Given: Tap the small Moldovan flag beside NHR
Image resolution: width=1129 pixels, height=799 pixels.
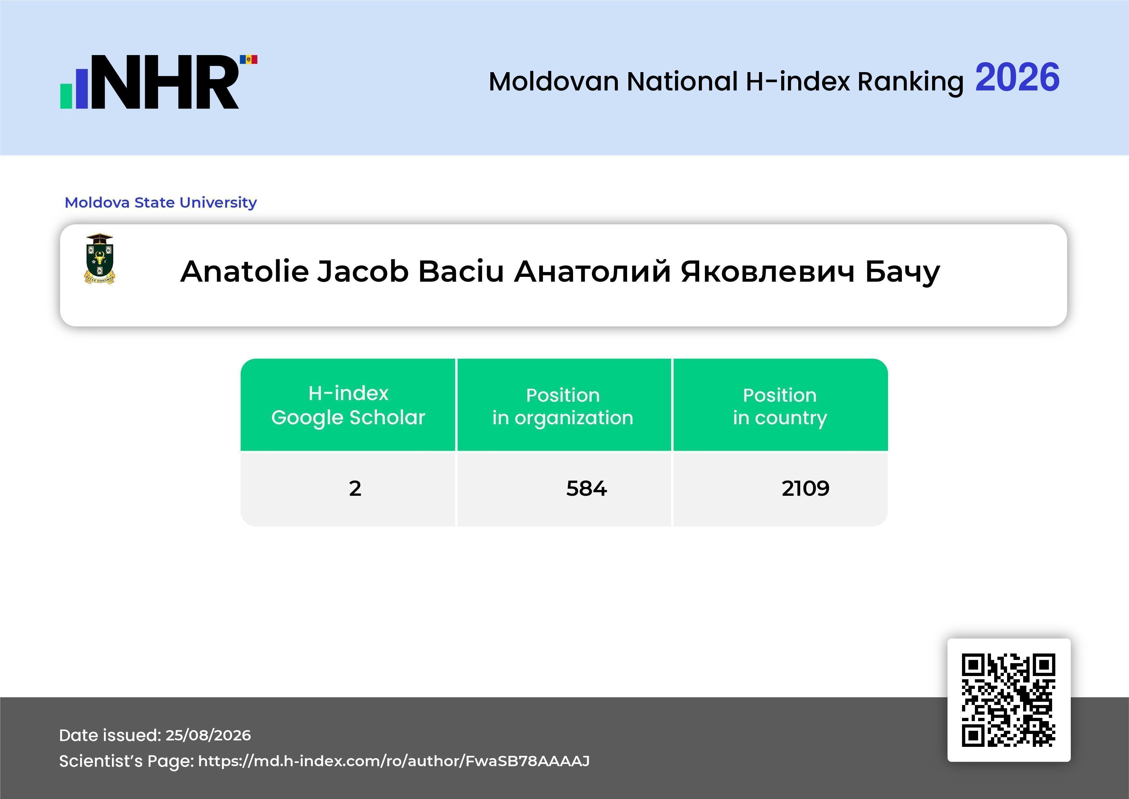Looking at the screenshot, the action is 248,60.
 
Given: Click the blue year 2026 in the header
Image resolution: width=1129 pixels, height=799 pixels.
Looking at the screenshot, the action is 1017,77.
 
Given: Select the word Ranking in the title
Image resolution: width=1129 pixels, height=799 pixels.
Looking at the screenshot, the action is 910,82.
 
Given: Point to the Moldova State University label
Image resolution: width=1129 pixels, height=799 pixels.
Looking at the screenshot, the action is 161,202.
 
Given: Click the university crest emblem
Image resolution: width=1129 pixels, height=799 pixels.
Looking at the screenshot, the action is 100,259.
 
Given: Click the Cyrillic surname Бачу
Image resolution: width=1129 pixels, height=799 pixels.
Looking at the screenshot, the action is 902,272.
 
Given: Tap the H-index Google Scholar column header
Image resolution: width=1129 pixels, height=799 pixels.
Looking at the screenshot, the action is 348,405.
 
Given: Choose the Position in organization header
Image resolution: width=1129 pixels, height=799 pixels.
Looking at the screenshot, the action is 563,406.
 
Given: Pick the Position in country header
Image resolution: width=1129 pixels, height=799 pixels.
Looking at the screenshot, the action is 780,406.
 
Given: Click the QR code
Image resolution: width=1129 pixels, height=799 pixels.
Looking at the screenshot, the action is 1009,700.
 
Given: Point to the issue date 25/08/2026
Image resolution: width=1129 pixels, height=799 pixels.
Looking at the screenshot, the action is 208,735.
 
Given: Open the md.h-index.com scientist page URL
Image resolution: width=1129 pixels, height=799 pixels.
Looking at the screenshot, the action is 394,761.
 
